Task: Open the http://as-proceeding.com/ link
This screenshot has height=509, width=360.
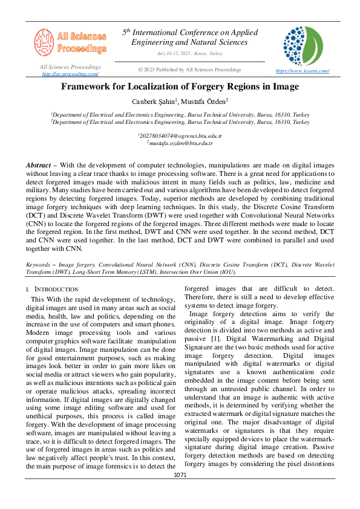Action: coord(70,74)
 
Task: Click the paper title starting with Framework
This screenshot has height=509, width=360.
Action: coord(180,87)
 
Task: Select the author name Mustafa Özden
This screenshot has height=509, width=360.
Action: coord(206,101)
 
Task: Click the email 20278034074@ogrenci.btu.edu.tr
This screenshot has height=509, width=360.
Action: coord(180,137)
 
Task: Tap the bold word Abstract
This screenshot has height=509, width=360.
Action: coord(38,165)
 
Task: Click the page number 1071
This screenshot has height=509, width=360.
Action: coord(180,492)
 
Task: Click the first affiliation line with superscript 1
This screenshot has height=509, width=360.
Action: coord(180,114)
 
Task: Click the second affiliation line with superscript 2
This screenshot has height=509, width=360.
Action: coord(180,121)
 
